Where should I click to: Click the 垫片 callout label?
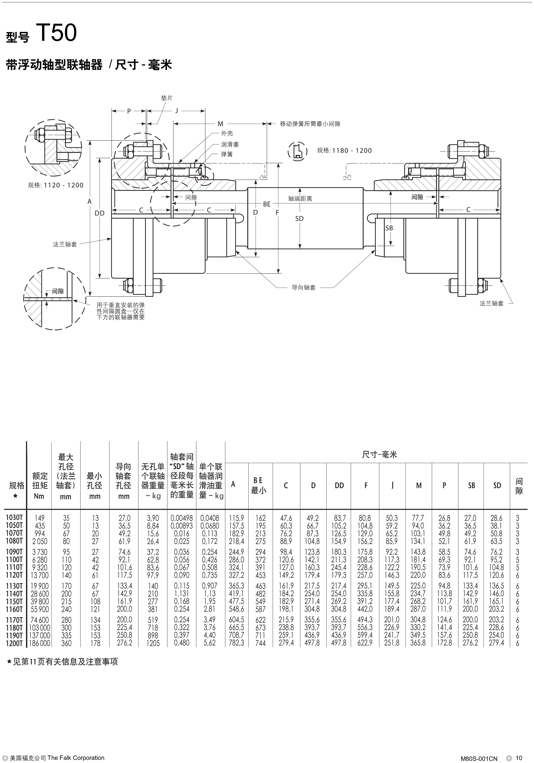pyautogui.click(x=167, y=98)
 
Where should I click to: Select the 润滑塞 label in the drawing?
pyautogui.click(x=230, y=145)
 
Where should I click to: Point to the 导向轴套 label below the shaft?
pyautogui.click(x=303, y=288)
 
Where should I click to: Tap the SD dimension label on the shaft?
pyautogui.click(x=299, y=219)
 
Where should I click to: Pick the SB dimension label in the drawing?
pyautogui.click(x=389, y=228)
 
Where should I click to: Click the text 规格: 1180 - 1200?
pyautogui.click(x=344, y=150)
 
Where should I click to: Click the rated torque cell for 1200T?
pyautogui.click(x=40, y=643)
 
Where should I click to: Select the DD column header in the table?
pyautogui.click(x=339, y=485)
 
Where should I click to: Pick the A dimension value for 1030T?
pyautogui.click(x=236, y=518)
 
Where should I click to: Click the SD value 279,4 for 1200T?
pyautogui.click(x=497, y=643)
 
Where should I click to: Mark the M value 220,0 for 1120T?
pyautogui.click(x=418, y=575)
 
